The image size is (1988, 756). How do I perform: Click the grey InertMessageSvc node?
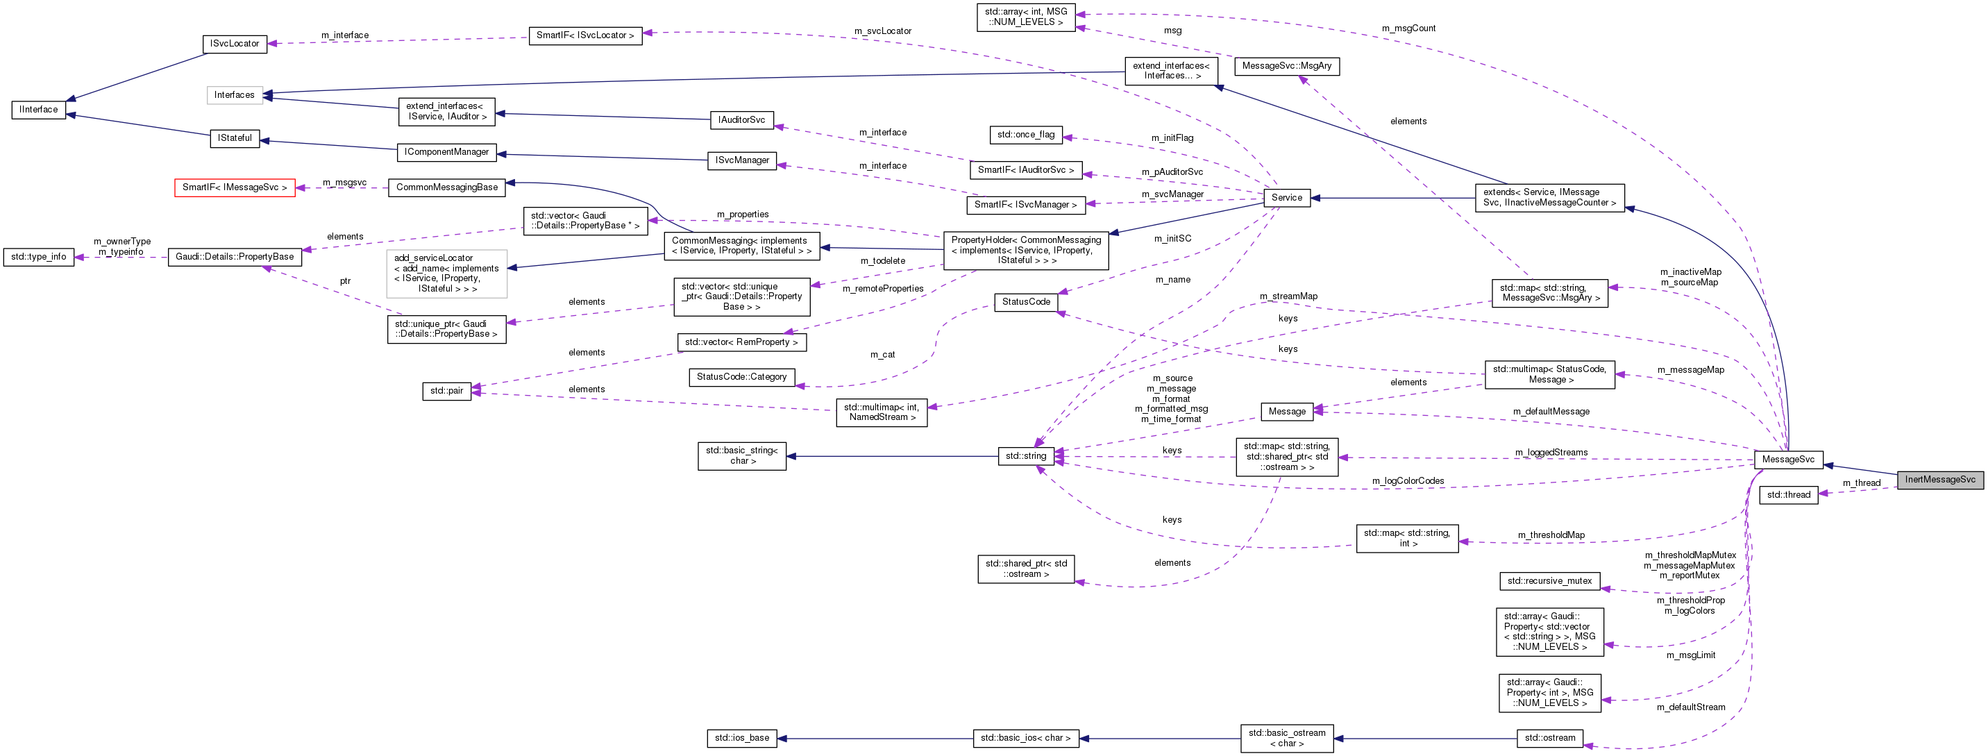(1939, 480)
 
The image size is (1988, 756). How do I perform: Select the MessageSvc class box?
(1788, 460)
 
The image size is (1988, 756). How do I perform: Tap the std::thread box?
(1788, 495)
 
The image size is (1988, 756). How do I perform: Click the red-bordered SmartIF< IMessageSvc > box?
(235, 187)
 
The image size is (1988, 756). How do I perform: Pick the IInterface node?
(39, 110)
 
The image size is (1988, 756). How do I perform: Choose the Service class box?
(1286, 198)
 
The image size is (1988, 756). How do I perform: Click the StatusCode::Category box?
(741, 377)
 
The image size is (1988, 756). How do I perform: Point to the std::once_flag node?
(1026, 135)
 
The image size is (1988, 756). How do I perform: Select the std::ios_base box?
(741, 738)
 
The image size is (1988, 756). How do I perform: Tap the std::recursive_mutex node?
(1549, 580)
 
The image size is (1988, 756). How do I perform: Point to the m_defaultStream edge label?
(1691, 707)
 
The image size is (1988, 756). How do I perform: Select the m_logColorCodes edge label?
(1408, 481)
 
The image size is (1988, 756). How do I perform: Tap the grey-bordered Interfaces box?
(235, 95)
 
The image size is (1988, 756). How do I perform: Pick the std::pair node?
(447, 391)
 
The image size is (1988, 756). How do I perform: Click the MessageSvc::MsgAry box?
(1286, 67)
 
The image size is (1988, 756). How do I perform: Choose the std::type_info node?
(39, 257)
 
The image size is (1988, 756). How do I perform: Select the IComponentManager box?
(446, 152)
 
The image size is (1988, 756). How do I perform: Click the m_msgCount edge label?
(1408, 28)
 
